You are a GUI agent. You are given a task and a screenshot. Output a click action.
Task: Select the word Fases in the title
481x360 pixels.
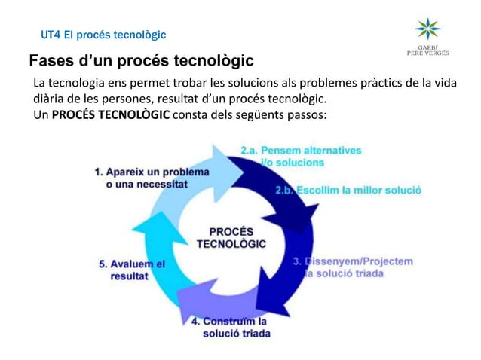coord(51,61)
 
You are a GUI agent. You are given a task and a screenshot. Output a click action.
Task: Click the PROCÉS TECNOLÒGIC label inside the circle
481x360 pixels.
coord(231,237)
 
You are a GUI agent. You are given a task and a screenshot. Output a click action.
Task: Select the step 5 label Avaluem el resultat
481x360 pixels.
coord(133,270)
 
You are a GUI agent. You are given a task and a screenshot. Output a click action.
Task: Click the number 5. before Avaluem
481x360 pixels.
coord(103,264)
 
